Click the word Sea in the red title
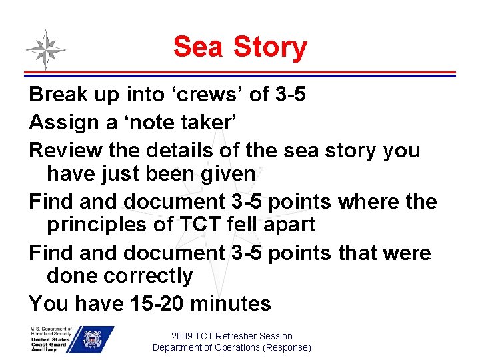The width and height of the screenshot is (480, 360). tap(199, 47)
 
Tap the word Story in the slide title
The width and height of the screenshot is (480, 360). tap(270, 48)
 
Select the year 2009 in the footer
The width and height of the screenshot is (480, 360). tap(182, 336)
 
